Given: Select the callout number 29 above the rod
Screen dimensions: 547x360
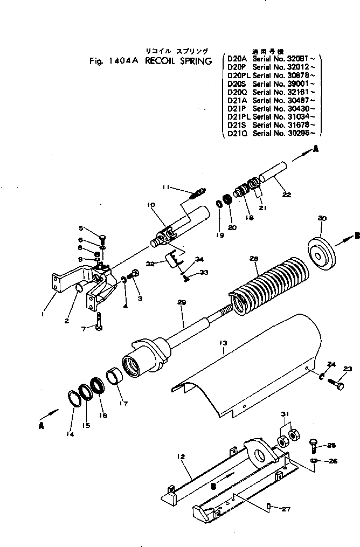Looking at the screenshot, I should click(x=181, y=303).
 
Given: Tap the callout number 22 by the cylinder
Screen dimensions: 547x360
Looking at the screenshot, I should click(x=286, y=195).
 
